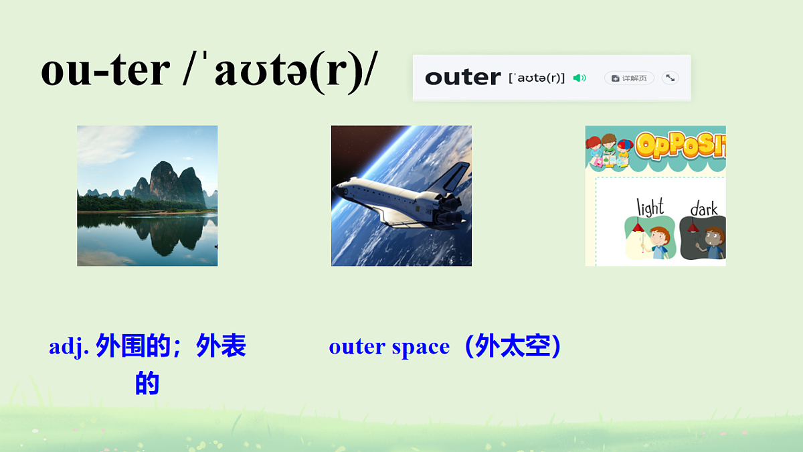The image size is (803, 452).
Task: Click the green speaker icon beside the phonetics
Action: (x=579, y=78)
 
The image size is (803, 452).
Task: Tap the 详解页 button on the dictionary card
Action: (x=629, y=78)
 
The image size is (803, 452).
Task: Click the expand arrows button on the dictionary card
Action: (x=670, y=78)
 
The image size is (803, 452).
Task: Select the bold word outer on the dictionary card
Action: (x=462, y=78)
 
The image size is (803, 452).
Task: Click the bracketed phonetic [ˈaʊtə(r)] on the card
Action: (x=537, y=78)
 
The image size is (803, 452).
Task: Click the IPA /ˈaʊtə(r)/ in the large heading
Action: (x=280, y=71)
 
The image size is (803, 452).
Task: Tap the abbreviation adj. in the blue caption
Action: (x=69, y=347)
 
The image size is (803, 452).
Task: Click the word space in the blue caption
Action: (x=421, y=347)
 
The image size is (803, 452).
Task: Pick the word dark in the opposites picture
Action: (x=703, y=208)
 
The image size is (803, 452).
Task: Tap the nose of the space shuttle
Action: (x=339, y=186)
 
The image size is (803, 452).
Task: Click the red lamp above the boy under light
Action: (x=637, y=228)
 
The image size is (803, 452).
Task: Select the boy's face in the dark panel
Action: (x=714, y=238)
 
